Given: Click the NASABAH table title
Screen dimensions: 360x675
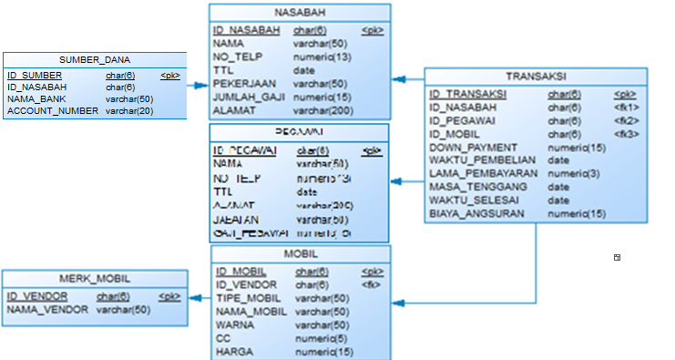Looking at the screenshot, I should click(x=300, y=12).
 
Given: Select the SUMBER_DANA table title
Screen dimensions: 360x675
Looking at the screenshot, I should click(x=95, y=60).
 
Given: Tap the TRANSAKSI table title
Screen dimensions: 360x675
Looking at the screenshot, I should click(x=536, y=77).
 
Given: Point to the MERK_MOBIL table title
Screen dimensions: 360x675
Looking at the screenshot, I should click(x=94, y=280).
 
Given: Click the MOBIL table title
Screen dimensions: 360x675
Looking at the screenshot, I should click(x=300, y=253).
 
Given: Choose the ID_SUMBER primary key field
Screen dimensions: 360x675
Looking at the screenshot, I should click(x=35, y=76).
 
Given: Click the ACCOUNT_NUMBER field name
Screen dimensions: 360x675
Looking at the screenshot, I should click(x=53, y=111).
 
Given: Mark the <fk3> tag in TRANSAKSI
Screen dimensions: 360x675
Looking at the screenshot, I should click(x=627, y=134).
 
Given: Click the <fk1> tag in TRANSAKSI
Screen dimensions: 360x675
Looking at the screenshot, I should click(x=627, y=107).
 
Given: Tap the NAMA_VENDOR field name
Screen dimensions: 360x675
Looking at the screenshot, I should click(x=47, y=310).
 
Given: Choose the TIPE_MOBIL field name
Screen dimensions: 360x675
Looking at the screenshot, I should click(x=248, y=298).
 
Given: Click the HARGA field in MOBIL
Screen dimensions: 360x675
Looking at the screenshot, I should click(x=233, y=352).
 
